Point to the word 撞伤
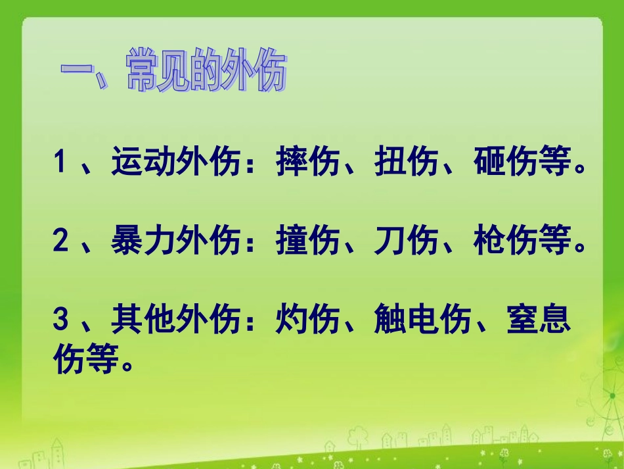click(308, 243)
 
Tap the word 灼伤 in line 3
click(308, 321)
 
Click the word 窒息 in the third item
click(539, 321)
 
